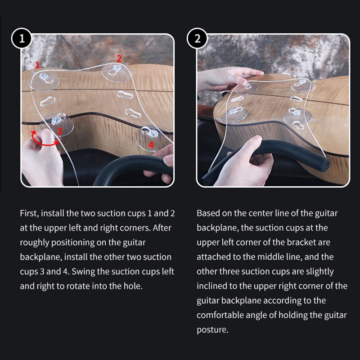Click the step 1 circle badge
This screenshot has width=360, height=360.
22,39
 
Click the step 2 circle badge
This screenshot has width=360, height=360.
197,39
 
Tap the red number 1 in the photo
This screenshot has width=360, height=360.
38,65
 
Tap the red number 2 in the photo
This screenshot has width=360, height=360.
119,58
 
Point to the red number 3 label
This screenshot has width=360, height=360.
59,131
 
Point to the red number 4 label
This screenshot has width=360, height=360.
151,145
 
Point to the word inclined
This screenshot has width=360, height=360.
212,286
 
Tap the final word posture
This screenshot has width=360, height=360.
211,329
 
